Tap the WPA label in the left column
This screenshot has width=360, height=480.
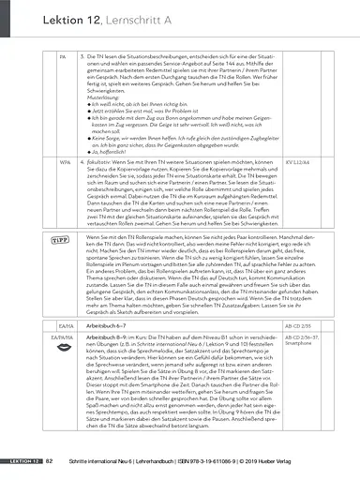tap(62, 187)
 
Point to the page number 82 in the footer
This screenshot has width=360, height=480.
tap(50, 462)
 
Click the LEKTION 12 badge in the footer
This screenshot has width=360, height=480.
tap(20, 462)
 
